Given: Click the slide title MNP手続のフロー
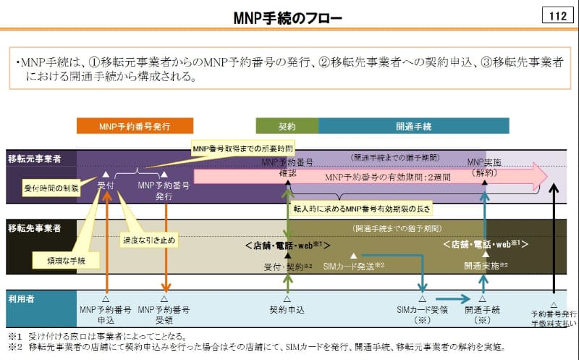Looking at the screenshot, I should point(289,16).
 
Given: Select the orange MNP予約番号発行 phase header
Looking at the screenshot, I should point(135,126).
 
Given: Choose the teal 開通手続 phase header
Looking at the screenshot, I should point(413,126).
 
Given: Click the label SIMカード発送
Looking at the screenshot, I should point(352,267).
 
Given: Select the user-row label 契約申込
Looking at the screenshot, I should point(287,309).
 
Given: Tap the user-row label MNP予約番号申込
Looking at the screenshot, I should point(106,314).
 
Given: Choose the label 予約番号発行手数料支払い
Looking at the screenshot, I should point(554,319).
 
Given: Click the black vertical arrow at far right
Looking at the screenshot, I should point(554,239).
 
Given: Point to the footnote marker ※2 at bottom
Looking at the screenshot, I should point(13,347).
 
